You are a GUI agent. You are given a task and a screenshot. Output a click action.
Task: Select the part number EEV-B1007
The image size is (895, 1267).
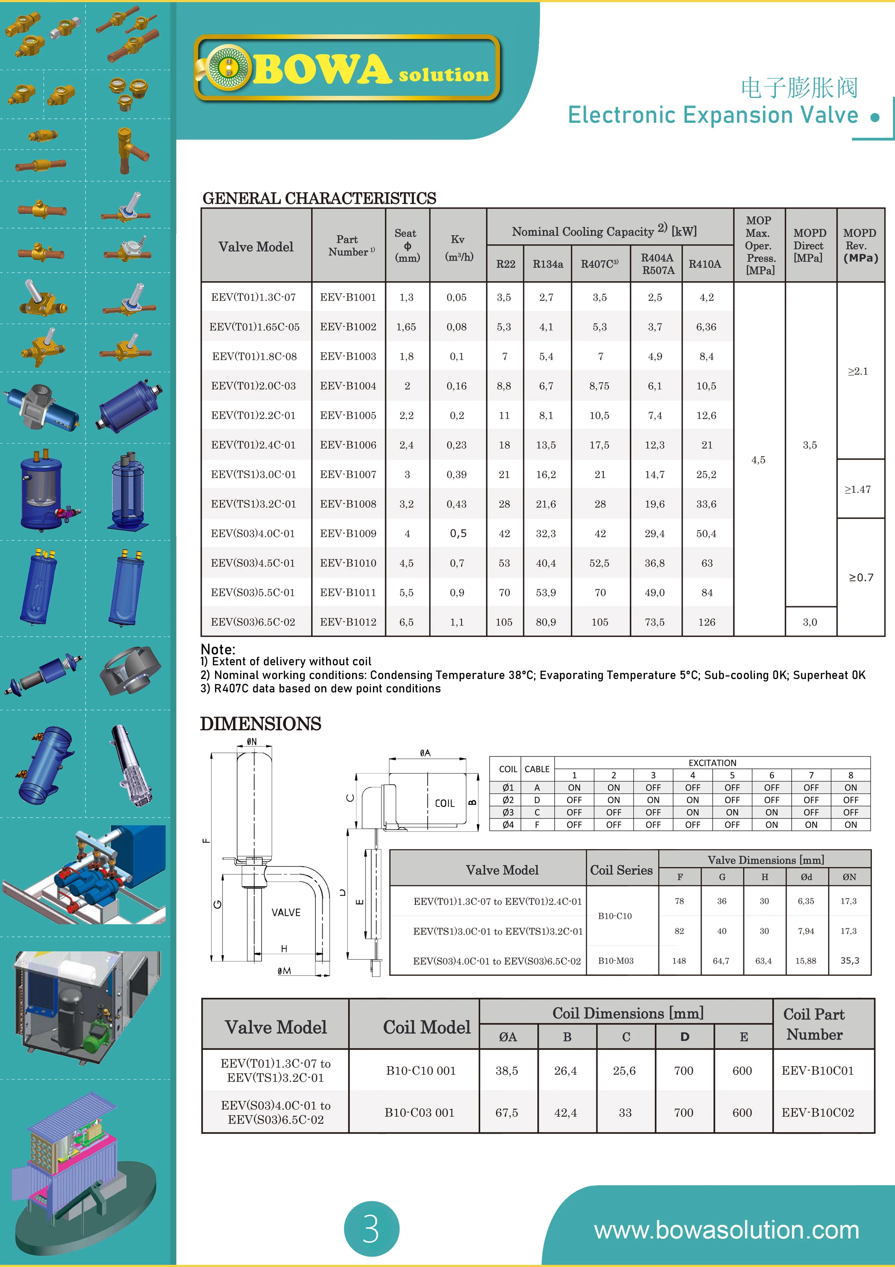click(348, 475)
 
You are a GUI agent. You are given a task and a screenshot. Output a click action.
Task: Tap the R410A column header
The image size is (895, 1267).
click(705, 264)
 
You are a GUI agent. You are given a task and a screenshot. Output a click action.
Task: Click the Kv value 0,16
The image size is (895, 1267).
click(457, 386)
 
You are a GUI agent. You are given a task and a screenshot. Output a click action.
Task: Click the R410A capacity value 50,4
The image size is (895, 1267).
click(706, 533)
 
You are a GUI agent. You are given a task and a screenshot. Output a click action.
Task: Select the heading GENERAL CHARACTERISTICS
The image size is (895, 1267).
click(319, 198)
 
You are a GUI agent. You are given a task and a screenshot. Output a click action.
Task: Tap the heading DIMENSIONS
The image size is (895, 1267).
click(260, 723)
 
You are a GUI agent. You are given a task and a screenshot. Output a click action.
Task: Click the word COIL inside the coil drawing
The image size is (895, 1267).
click(445, 804)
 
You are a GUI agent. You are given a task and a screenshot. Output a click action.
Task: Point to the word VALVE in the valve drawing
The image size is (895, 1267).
click(286, 913)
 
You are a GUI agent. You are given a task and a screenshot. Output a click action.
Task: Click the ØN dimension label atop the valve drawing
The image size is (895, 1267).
click(252, 741)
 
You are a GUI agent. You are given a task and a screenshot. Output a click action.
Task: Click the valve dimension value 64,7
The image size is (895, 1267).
click(721, 961)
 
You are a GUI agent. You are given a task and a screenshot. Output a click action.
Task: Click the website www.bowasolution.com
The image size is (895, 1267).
click(726, 1230)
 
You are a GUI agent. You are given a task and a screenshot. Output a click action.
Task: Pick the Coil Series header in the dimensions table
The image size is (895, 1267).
click(621, 870)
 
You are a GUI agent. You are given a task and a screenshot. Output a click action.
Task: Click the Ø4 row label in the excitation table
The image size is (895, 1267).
click(508, 825)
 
